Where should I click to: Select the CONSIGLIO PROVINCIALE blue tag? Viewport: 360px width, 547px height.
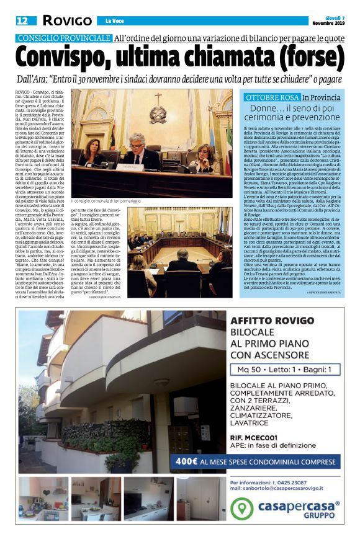(63, 38)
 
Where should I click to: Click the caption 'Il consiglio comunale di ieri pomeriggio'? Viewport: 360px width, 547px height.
(112, 201)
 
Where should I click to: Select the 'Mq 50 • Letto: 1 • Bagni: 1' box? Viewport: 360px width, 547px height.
(285, 370)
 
